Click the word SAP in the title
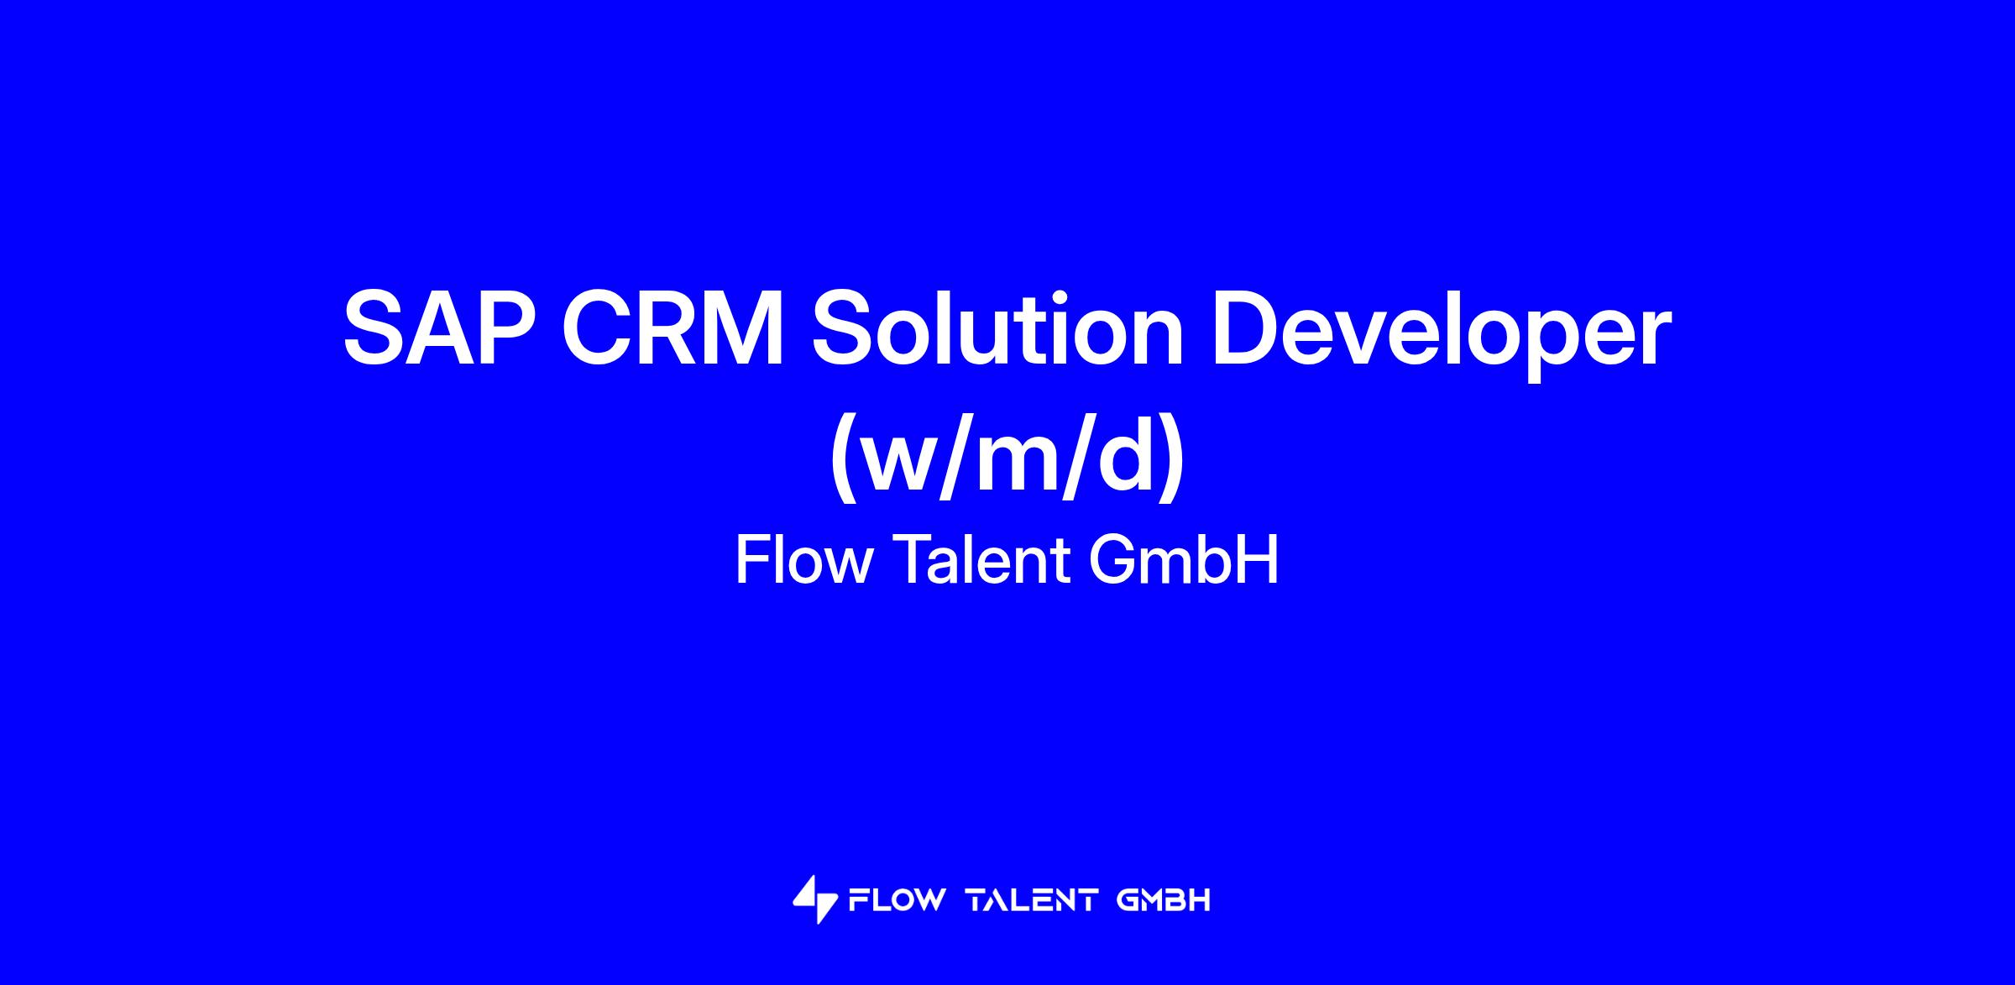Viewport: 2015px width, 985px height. click(x=440, y=327)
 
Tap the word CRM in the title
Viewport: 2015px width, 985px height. click(x=674, y=327)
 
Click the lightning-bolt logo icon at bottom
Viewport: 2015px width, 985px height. click(x=814, y=900)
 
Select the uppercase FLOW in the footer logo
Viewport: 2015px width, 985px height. click(x=898, y=901)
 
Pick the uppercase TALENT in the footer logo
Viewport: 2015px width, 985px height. click(x=1033, y=901)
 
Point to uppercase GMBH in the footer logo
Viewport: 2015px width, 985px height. click(x=1165, y=901)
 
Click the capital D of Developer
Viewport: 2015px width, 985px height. click(x=1248, y=327)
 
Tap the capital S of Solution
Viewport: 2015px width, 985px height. click(x=845, y=327)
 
